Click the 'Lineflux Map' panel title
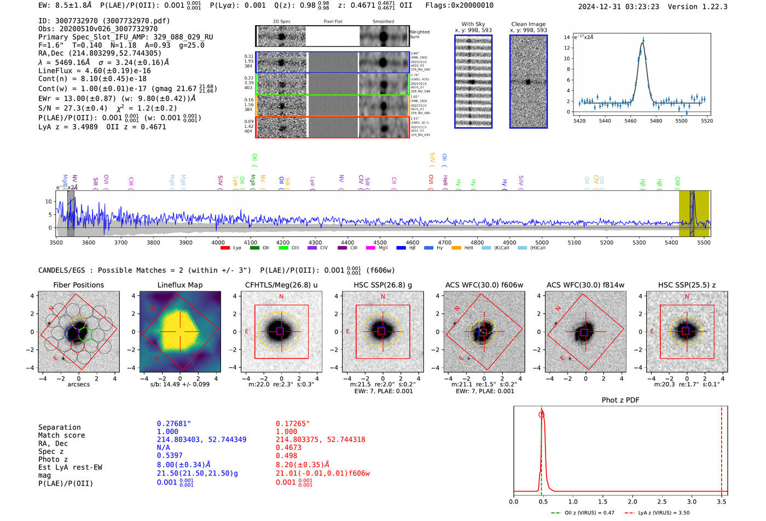point(179,285)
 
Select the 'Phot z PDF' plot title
point(620,400)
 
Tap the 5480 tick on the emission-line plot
point(655,121)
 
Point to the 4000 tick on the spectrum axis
point(218,243)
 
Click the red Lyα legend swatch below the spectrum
point(225,248)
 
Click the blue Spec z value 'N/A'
point(163,448)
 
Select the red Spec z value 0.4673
point(288,448)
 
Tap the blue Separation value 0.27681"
point(173,424)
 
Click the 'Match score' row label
point(61,436)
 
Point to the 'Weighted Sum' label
point(420,34)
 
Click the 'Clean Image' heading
point(528,24)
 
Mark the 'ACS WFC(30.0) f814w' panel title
point(585,285)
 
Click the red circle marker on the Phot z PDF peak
point(541,414)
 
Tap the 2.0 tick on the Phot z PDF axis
point(632,501)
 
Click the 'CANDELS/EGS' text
point(61,271)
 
